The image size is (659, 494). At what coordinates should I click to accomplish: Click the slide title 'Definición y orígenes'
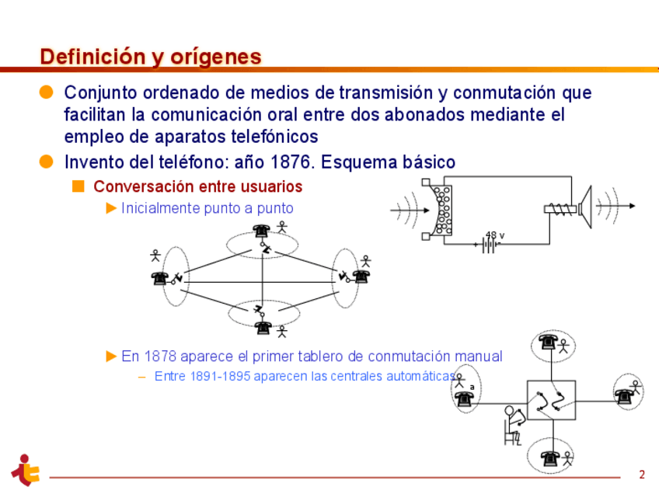click(x=151, y=57)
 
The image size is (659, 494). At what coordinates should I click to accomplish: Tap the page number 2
click(x=642, y=474)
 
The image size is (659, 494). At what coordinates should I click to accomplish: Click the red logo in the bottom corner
click(x=25, y=469)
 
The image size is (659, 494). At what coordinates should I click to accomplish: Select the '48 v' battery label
click(x=495, y=235)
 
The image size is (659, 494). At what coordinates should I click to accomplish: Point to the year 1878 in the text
click(x=162, y=357)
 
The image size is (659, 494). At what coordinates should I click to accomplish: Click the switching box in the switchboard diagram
click(x=551, y=400)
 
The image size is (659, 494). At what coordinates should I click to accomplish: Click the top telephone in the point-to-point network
click(x=261, y=230)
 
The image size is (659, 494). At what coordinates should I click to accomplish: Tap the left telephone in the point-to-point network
click(x=160, y=277)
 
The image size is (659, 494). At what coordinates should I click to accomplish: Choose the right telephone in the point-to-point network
click(x=361, y=276)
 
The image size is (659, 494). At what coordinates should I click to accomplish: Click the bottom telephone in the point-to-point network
click(x=263, y=327)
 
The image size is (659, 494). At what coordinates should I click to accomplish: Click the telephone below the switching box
click(x=551, y=457)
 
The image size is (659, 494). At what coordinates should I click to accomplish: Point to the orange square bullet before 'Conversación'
click(x=78, y=186)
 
